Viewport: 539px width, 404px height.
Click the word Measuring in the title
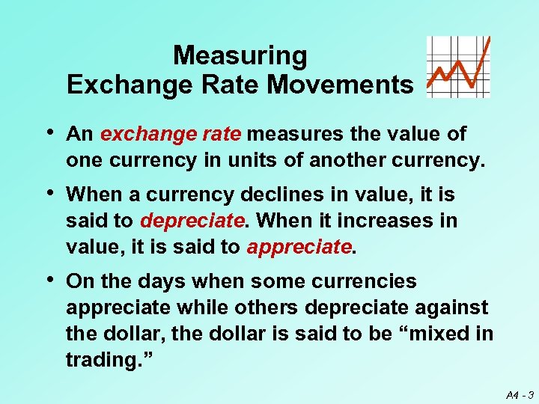(240, 56)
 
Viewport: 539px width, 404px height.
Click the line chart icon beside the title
(458, 67)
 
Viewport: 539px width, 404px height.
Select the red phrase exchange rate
(171, 135)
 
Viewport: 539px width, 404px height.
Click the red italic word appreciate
(298, 247)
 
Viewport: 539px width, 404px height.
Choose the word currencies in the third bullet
(374, 282)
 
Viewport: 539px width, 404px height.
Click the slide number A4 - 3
(519, 393)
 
